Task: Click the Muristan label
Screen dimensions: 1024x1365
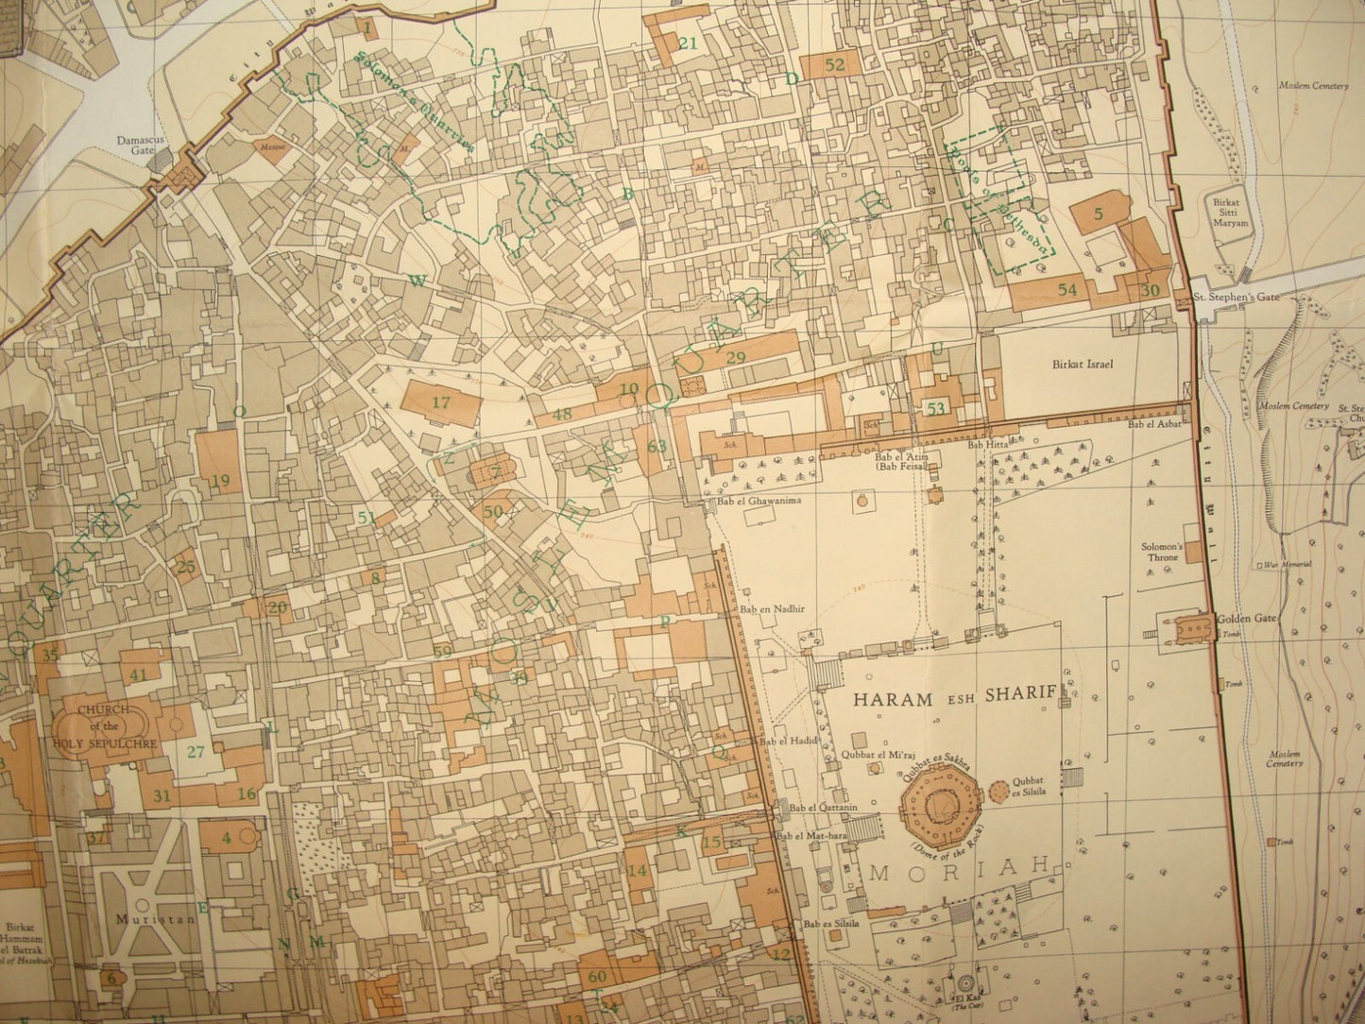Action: click(x=135, y=916)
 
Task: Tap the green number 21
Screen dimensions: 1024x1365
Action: click(x=688, y=43)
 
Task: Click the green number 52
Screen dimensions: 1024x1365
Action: click(x=834, y=64)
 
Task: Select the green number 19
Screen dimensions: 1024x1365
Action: click(x=220, y=481)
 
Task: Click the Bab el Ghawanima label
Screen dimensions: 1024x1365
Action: click(x=752, y=502)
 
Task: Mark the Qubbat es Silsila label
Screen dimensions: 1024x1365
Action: click(x=1028, y=787)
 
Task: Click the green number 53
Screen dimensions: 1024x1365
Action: click(x=936, y=408)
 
